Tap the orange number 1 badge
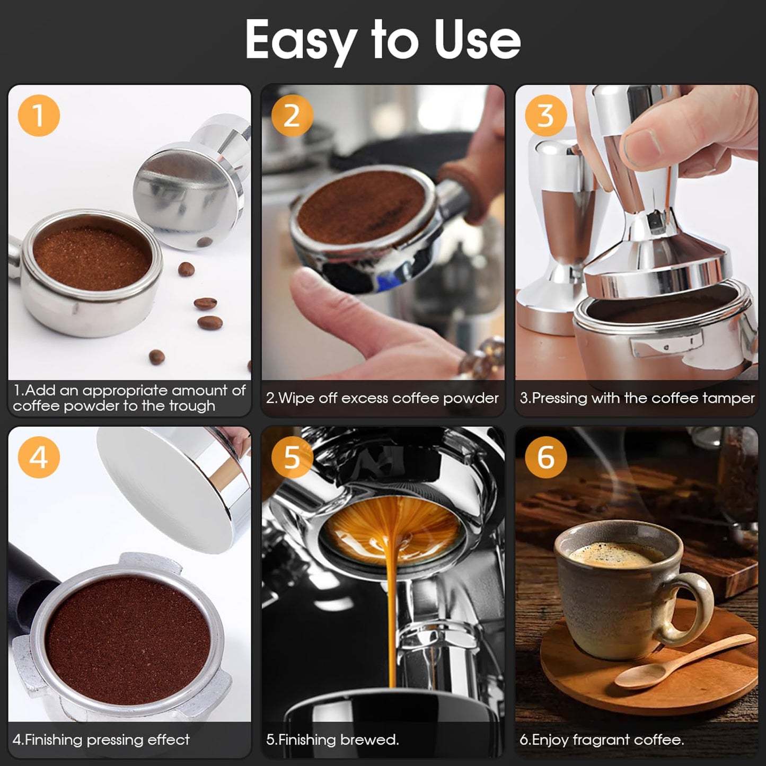click(39, 115)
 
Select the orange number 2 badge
click(292, 115)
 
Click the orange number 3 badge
click(545, 115)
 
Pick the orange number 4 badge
click(39, 456)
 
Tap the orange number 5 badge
click(292, 456)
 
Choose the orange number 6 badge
click(545, 456)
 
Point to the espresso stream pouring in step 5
click(393, 610)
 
